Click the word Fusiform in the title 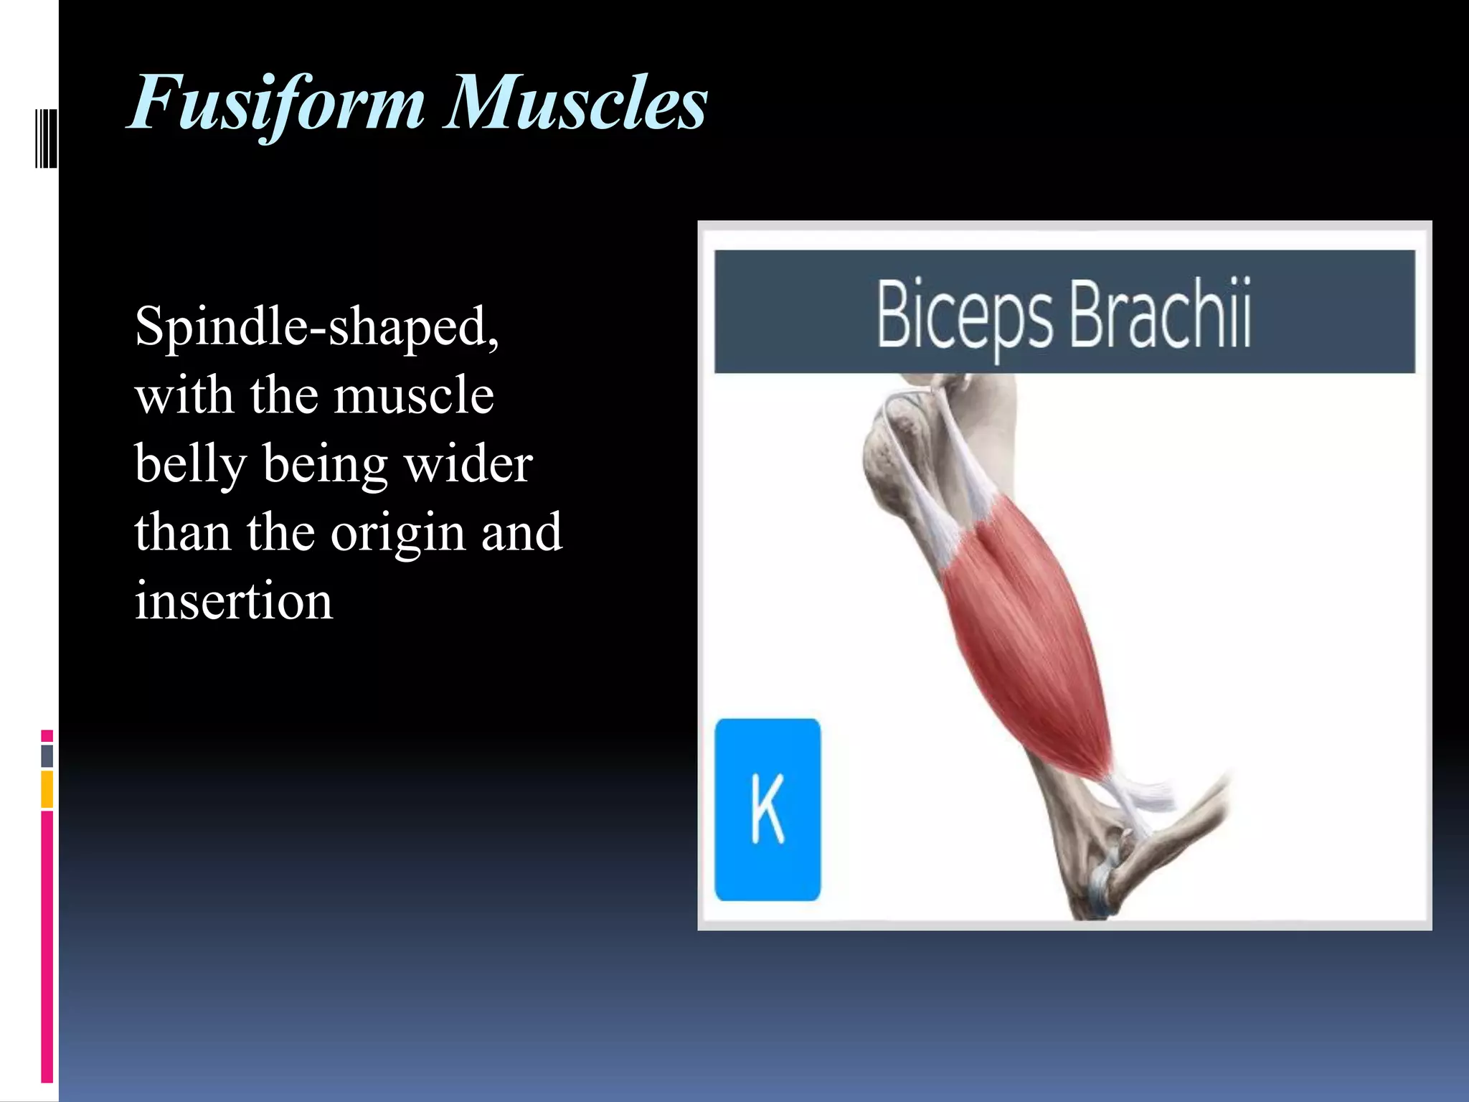click(x=276, y=104)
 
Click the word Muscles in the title click(x=575, y=104)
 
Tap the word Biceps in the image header click(x=963, y=316)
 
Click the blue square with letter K click(x=767, y=809)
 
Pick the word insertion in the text click(x=234, y=601)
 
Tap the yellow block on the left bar click(x=47, y=789)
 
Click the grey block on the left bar click(x=47, y=756)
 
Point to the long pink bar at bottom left click(x=47, y=947)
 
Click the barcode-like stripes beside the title click(x=46, y=138)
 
